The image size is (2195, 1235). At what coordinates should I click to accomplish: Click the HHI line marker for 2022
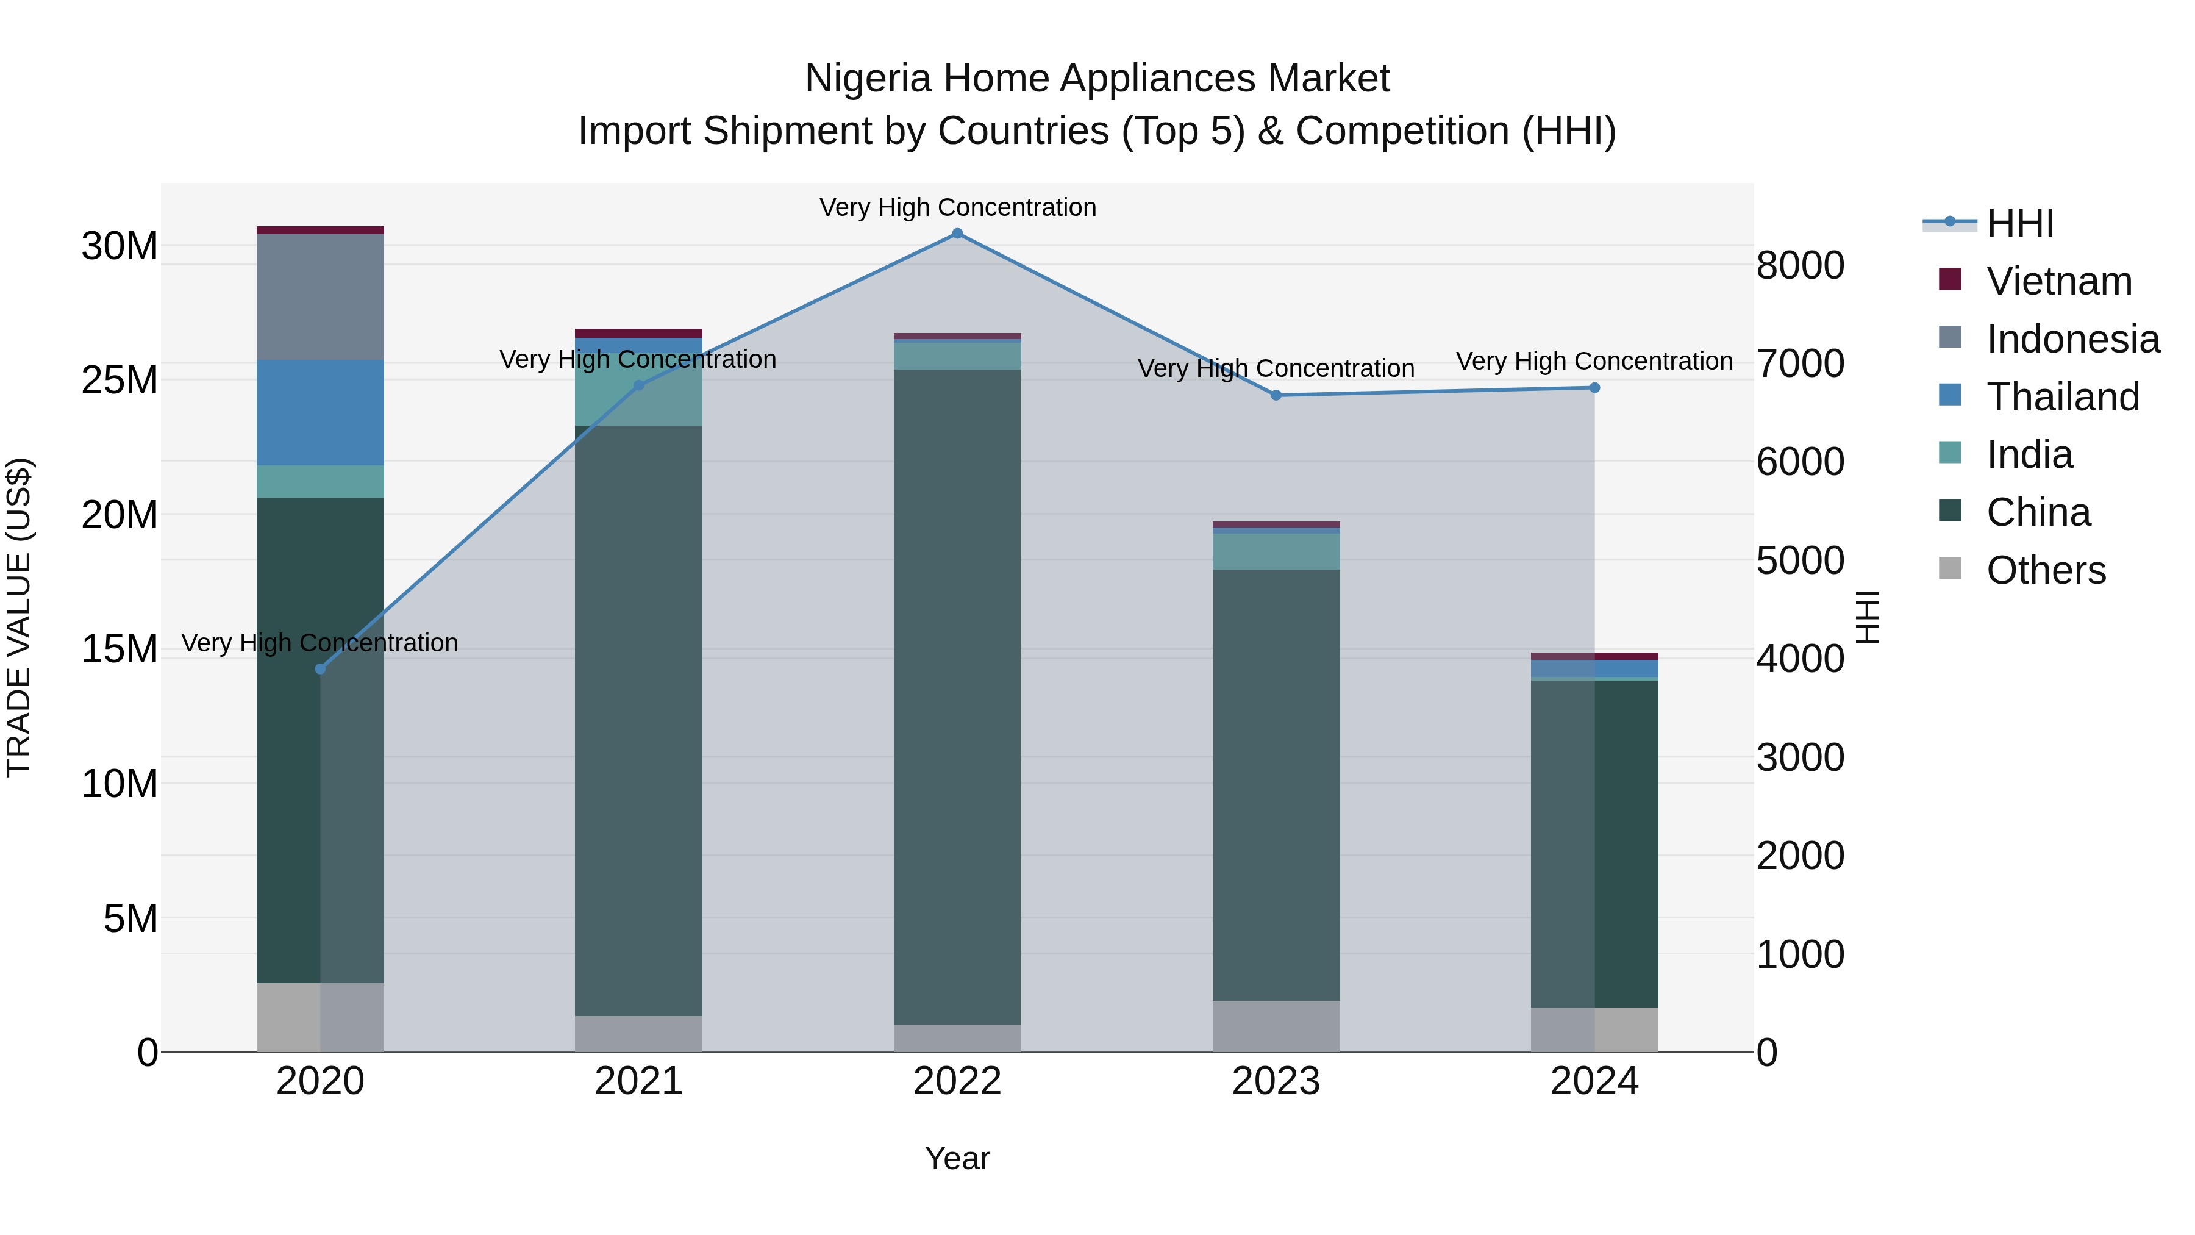[957, 234]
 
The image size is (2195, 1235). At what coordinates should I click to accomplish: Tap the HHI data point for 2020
[320, 669]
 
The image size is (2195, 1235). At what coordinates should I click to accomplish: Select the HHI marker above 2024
[1594, 388]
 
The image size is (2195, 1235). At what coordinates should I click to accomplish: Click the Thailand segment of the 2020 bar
[320, 412]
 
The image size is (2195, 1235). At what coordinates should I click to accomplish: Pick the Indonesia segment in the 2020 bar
[320, 296]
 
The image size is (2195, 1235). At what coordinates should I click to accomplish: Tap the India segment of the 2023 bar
[1276, 551]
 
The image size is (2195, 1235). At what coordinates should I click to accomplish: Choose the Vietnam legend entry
[2058, 281]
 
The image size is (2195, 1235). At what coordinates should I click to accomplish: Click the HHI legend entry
[2019, 223]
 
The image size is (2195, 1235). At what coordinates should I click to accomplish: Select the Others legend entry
[2045, 570]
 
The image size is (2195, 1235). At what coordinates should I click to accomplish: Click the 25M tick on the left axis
[120, 380]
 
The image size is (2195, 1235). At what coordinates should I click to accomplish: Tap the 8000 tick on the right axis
[1800, 265]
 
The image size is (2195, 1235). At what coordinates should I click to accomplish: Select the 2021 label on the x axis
[638, 1081]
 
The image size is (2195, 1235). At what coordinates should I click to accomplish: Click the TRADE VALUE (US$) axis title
[19, 617]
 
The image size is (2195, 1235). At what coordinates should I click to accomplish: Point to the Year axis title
[957, 1158]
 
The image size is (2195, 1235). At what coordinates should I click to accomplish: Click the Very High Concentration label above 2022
[957, 207]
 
